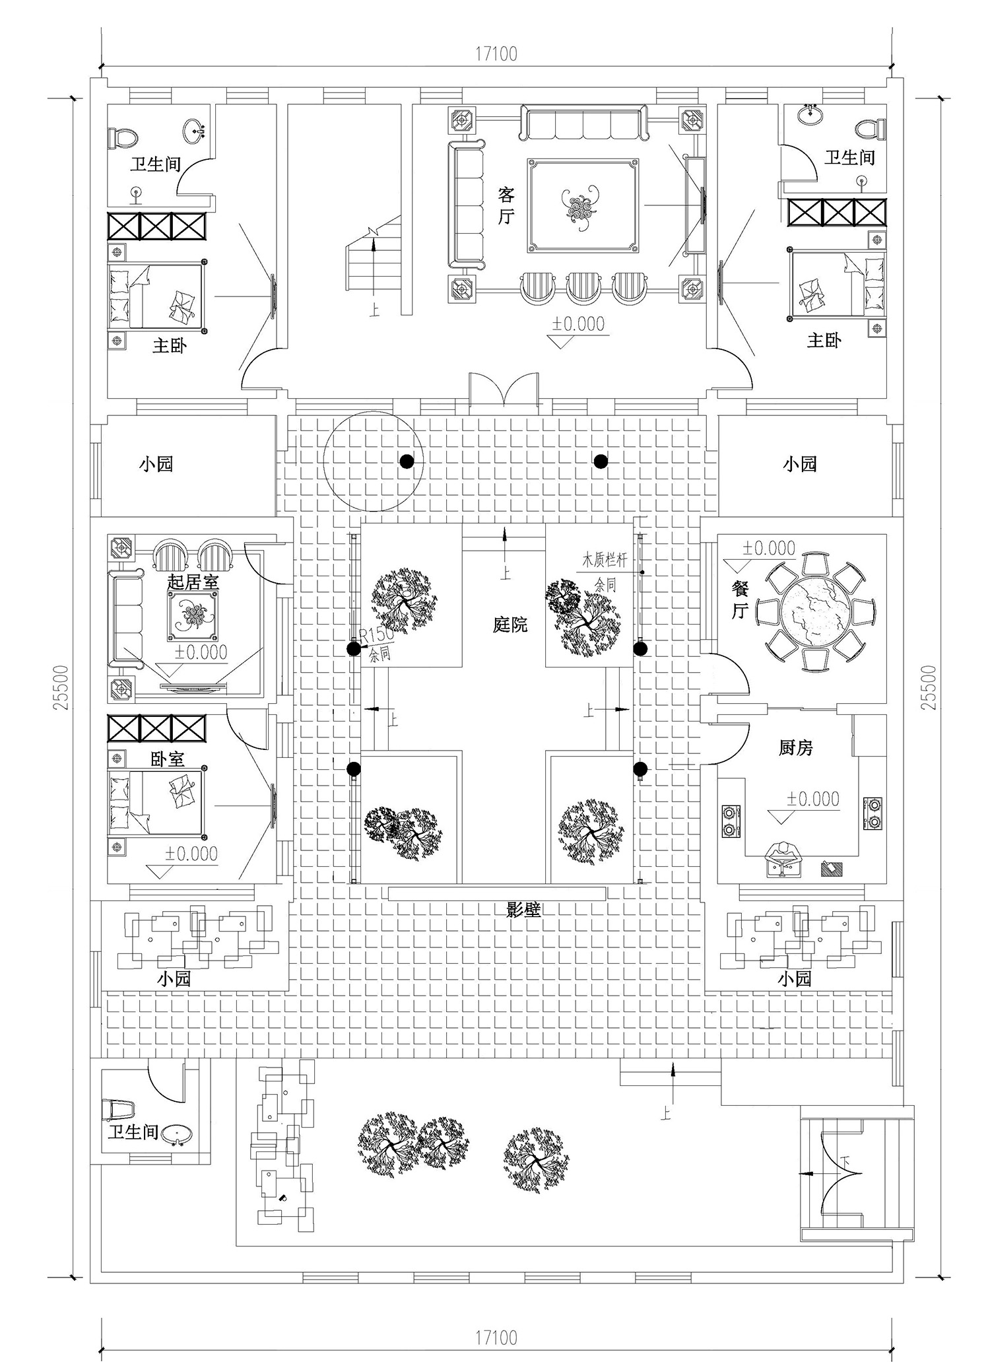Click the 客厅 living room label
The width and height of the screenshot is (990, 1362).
pyautogui.click(x=506, y=205)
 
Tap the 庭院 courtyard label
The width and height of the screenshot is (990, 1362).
pyautogui.click(x=510, y=625)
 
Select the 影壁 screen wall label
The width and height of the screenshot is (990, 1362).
pyautogui.click(x=523, y=910)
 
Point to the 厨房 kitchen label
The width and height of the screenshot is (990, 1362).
pyautogui.click(x=795, y=748)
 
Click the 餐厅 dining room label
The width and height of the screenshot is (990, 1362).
pyautogui.click(x=740, y=599)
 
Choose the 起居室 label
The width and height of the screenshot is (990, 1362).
pyautogui.click(x=193, y=582)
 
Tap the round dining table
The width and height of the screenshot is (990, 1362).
pyautogui.click(x=817, y=612)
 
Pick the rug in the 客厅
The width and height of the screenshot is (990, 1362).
pyautogui.click(x=583, y=205)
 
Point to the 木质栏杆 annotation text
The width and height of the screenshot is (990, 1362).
pyautogui.click(x=603, y=561)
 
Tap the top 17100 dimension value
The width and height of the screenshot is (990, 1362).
pyautogui.click(x=496, y=53)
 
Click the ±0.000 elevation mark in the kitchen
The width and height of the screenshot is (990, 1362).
pyautogui.click(x=812, y=799)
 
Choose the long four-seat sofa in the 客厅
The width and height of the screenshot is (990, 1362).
pyautogui.click(x=583, y=122)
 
